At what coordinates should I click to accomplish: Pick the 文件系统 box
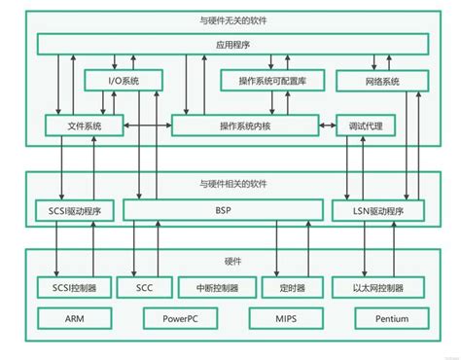[x=87, y=126]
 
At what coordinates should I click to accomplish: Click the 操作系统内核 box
[x=245, y=126]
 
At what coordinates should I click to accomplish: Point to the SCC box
[x=143, y=288]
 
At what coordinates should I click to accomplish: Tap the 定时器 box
[x=291, y=288]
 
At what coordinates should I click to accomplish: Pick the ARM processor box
[x=75, y=317]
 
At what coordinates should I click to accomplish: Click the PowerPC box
[x=184, y=317]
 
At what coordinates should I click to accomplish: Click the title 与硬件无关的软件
[x=230, y=20]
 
